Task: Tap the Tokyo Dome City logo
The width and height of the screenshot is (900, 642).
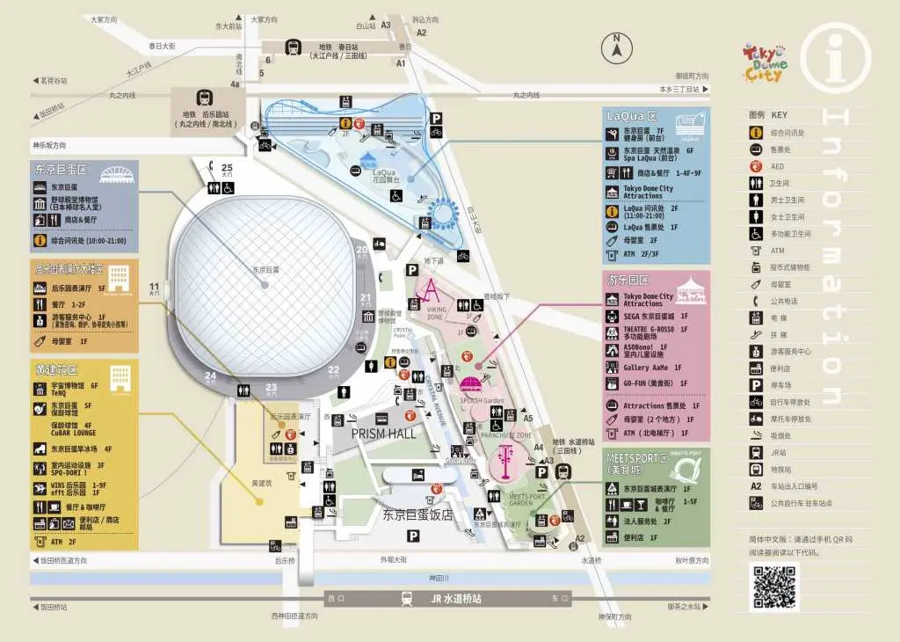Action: [765, 62]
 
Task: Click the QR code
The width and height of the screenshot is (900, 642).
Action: [773, 587]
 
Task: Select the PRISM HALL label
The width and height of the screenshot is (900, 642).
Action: [383, 434]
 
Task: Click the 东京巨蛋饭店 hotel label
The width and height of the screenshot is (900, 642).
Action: [417, 514]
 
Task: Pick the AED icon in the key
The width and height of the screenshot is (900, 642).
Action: [755, 166]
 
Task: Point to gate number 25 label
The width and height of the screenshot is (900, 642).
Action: [227, 167]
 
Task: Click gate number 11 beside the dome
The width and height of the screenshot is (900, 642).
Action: [154, 286]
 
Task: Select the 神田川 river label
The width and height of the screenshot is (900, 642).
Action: [439, 578]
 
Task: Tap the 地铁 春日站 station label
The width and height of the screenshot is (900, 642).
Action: [338, 50]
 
